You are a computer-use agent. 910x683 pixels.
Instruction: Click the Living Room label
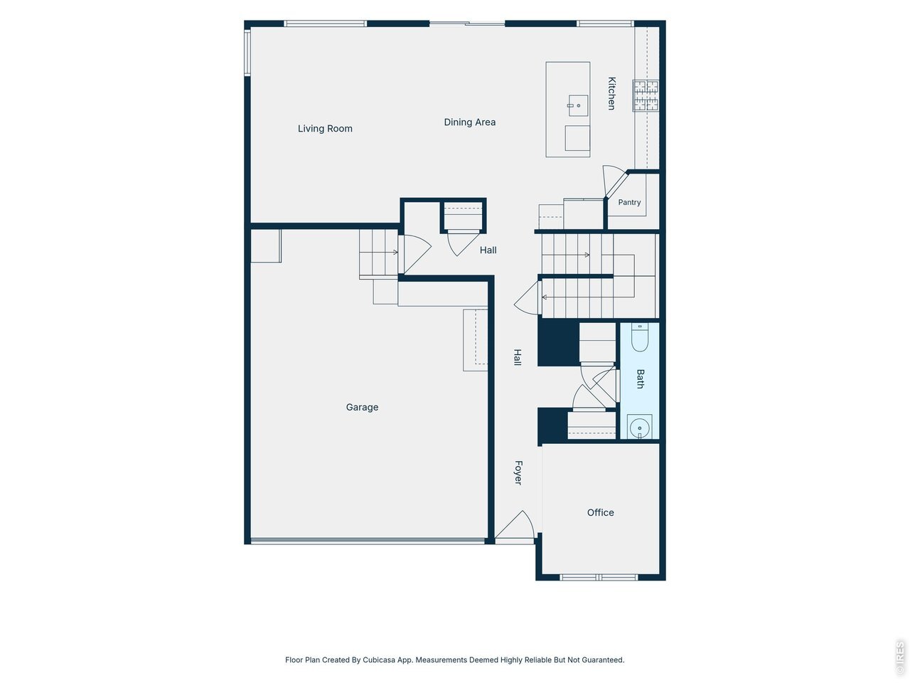click(x=325, y=129)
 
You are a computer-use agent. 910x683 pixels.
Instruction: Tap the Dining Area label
click(x=470, y=122)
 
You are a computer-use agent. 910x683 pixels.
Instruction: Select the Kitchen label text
click(x=611, y=93)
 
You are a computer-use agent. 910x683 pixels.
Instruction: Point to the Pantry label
click(x=629, y=202)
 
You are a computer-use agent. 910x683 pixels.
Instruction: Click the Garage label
click(x=363, y=407)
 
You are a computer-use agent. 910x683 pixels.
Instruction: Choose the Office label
click(x=600, y=512)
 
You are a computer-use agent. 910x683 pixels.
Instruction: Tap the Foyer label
click(x=518, y=472)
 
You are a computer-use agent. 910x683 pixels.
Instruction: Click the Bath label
click(x=640, y=379)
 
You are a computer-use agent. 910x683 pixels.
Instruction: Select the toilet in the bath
click(x=640, y=337)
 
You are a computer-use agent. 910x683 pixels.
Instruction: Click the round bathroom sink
click(x=639, y=427)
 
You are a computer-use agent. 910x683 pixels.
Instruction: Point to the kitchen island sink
click(x=578, y=105)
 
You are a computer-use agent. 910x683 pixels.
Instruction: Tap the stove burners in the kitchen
click(x=645, y=96)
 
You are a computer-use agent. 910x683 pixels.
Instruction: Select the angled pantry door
click(x=614, y=181)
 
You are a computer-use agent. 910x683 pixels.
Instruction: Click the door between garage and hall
click(x=416, y=254)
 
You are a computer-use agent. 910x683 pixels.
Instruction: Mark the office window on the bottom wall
click(x=599, y=577)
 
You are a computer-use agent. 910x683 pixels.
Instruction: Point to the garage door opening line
click(x=368, y=541)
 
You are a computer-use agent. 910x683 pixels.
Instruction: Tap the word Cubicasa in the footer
click(x=378, y=660)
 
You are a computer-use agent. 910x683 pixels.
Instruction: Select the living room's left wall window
click(x=247, y=52)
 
